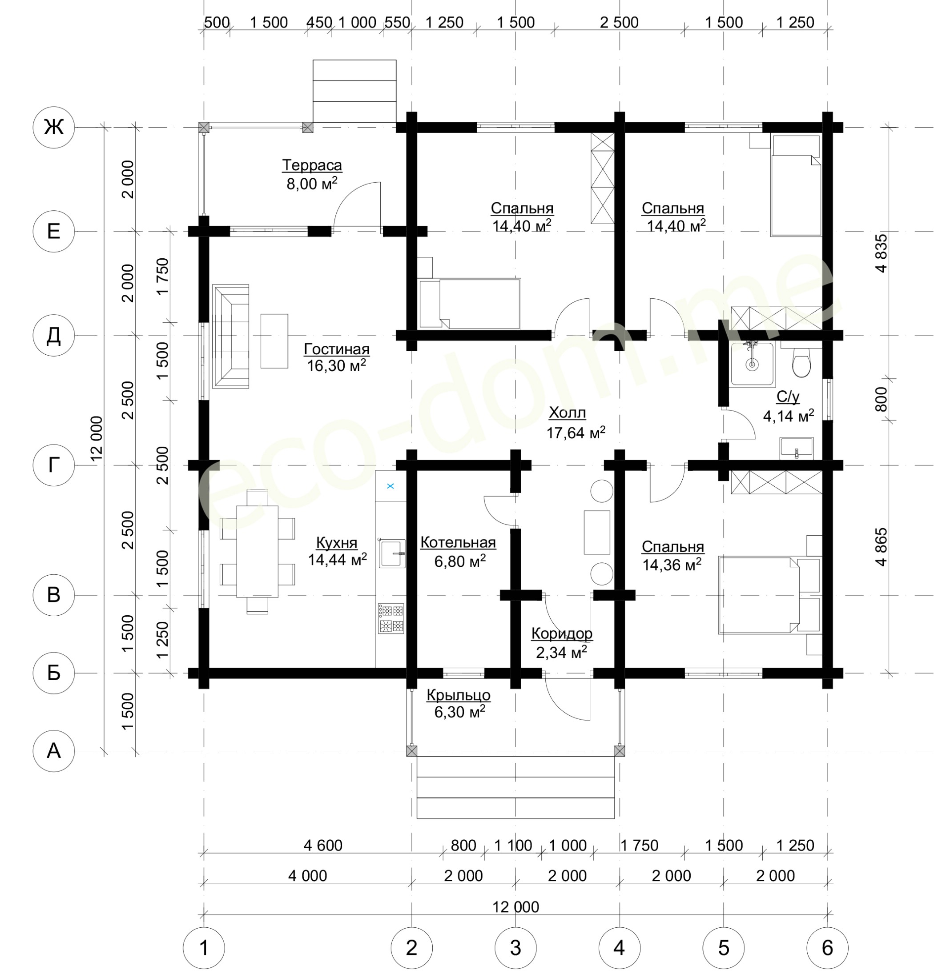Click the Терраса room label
coord(312,165)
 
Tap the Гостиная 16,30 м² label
coord(337,357)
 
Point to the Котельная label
coord(458,542)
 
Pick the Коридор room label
coord(562,633)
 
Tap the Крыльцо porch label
coord(459,695)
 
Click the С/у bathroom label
coord(788,397)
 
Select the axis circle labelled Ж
coord(54,128)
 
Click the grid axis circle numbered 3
coord(516,948)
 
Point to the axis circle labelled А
coord(54,751)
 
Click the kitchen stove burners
coord(391,619)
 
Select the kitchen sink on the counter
coord(392,553)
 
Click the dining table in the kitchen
coord(258,552)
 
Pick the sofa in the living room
coord(230,337)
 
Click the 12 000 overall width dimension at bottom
coord(516,907)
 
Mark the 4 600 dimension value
coord(323,845)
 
